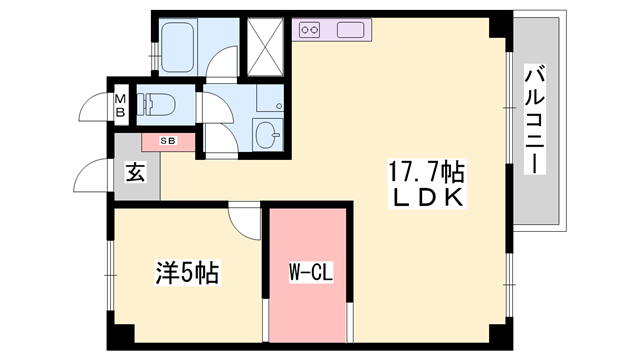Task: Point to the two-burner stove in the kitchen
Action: [308, 29]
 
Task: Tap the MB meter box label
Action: [120, 104]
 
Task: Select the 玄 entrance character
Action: [134, 172]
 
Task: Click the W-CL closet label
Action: [304, 271]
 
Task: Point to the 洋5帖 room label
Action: [187, 271]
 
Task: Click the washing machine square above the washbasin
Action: [268, 97]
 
